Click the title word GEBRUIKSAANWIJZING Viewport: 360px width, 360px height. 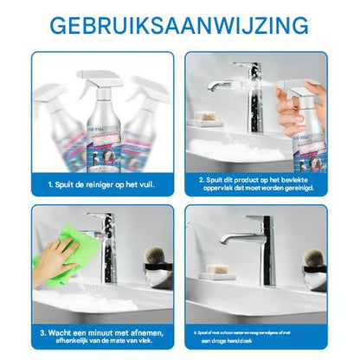pos(179,23)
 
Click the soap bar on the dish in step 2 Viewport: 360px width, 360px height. pos(206,115)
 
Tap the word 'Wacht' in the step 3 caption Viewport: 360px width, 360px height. pos(59,331)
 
